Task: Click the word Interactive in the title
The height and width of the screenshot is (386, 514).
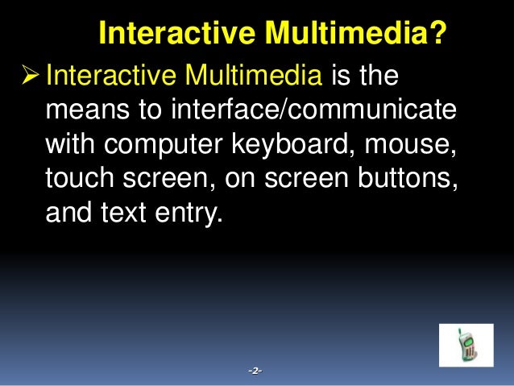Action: [167, 34]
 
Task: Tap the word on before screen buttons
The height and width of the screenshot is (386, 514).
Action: [233, 181]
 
